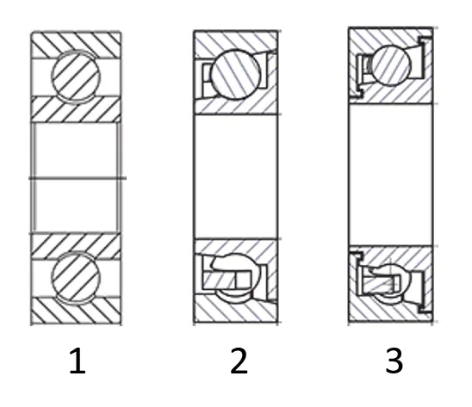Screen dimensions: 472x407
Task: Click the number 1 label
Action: coord(78,361)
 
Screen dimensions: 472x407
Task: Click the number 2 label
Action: coord(239,361)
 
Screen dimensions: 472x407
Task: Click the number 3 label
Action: coord(394,361)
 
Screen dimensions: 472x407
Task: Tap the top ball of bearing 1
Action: coord(76,76)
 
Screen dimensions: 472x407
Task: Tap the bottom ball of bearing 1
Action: coord(76,277)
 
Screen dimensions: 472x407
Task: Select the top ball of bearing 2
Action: coord(236,74)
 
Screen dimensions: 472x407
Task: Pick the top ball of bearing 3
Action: coord(391,65)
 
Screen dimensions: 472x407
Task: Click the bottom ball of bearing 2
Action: coord(236,279)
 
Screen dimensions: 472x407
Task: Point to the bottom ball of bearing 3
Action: coord(391,284)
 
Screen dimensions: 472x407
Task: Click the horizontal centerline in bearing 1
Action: coord(78,178)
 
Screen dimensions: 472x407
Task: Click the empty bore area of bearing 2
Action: coord(236,176)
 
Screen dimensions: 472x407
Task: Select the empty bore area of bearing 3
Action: coord(391,175)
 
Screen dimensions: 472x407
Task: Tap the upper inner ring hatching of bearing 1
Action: coord(76,110)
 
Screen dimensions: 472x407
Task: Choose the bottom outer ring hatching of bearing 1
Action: coord(76,311)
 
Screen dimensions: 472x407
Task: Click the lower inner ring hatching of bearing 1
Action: coord(76,245)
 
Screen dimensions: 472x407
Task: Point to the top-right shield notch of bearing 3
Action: coord(425,40)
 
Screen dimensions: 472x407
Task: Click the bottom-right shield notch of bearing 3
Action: coord(425,309)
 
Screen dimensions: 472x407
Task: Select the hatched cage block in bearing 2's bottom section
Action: coord(219,280)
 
